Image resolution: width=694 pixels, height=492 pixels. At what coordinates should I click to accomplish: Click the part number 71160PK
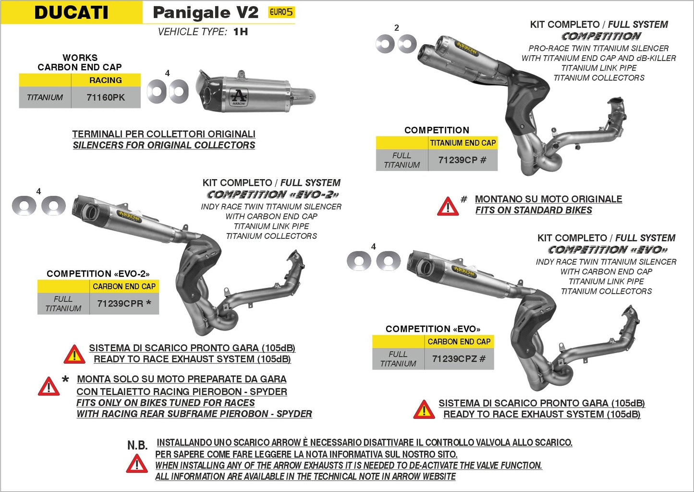(106, 98)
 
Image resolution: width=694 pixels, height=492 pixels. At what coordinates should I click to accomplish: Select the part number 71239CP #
(462, 160)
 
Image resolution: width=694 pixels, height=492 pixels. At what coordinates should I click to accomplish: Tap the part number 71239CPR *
(124, 304)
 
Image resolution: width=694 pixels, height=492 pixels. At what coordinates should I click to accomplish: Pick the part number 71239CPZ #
(459, 359)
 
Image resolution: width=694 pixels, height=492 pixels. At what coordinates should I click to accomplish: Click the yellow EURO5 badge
(281, 12)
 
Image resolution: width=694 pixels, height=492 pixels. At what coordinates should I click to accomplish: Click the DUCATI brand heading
(71, 12)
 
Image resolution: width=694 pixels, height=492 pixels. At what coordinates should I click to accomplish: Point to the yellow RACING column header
(106, 80)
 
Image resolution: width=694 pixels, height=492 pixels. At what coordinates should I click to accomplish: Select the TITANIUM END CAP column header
(463, 143)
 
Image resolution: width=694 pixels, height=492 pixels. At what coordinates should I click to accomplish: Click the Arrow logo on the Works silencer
(239, 97)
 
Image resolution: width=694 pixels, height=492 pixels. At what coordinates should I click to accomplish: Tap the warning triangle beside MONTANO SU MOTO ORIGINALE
(448, 206)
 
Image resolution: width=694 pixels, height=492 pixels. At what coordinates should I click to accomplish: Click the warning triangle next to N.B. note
(137, 464)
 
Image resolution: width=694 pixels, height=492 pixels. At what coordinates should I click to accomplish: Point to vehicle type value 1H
(241, 32)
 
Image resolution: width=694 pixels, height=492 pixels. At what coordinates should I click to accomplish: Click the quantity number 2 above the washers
(397, 28)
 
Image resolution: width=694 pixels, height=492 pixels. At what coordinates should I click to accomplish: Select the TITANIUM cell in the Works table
(45, 98)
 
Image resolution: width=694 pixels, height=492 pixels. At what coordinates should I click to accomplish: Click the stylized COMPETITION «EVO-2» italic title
(273, 195)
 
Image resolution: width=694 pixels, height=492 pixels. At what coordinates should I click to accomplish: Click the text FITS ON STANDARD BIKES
(533, 210)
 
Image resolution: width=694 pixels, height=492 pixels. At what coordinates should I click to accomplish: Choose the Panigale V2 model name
(206, 12)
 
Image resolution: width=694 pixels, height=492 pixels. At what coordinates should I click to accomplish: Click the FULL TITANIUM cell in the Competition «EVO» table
(398, 359)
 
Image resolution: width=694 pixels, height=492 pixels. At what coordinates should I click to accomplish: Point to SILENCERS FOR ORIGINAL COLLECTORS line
(164, 145)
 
